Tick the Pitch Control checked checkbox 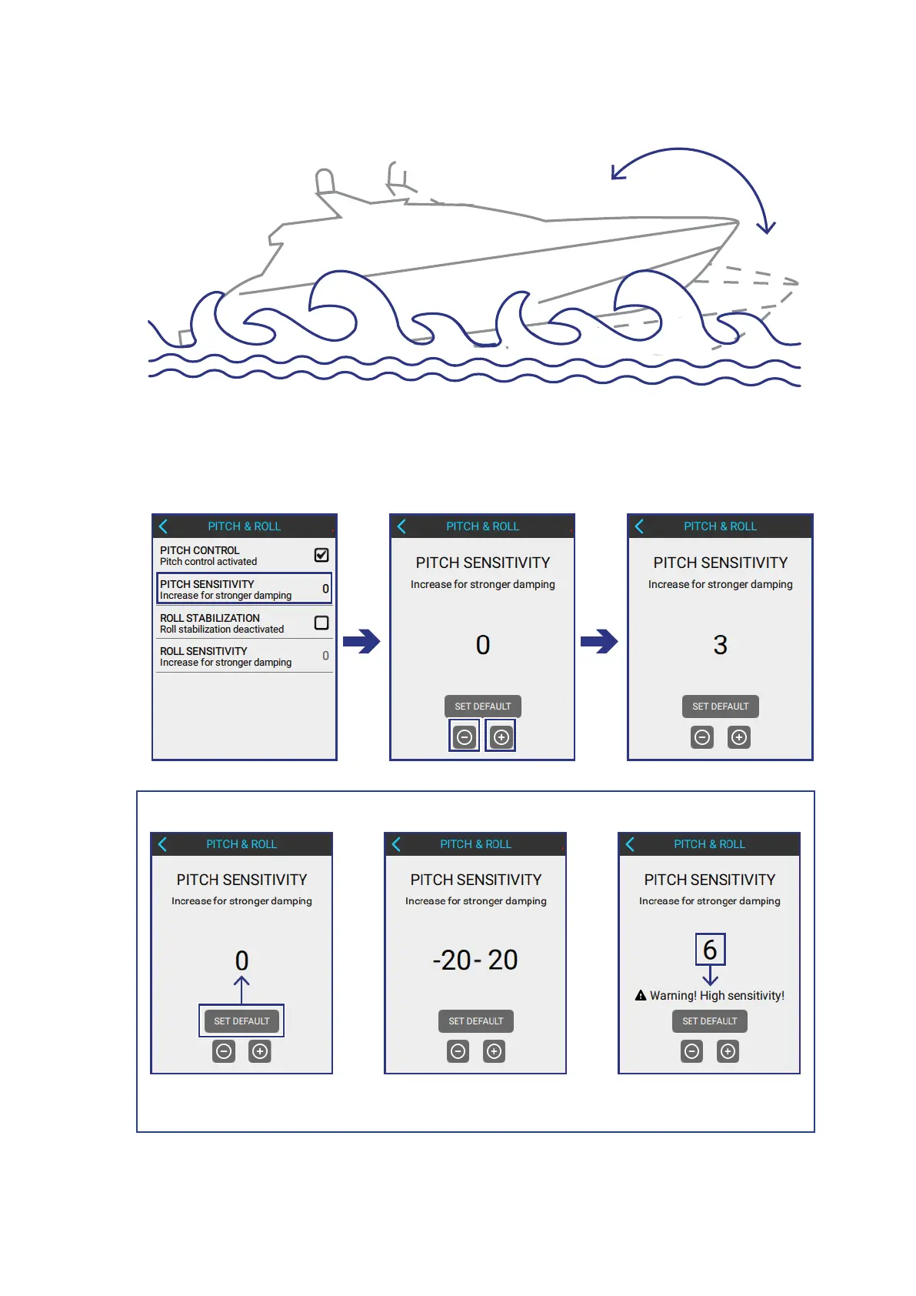[x=321, y=555]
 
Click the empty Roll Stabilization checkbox [x=321, y=623]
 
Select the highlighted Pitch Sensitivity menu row [x=244, y=589]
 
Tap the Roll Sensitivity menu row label [x=204, y=652]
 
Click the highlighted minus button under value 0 [x=465, y=737]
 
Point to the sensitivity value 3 [x=720, y=645]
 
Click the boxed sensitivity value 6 [x=710, y=950]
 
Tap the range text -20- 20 [x=475, y=960]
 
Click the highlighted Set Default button [x=241, y=1021]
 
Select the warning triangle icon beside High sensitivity [x=641, y=996]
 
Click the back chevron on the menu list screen [x=163, y=526]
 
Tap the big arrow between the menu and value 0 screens [x=361, y=641]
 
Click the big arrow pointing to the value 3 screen [x=599, y=641]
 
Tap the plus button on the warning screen [x=728, y=1051]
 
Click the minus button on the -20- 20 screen [x=458, y=1051]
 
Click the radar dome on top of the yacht [x=325, y=181]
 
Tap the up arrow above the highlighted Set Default [x=241, y=988]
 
